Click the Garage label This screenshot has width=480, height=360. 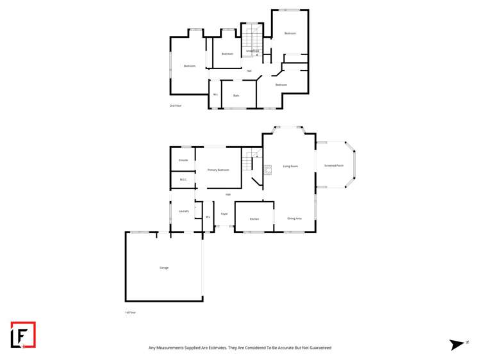(x=164, y=267)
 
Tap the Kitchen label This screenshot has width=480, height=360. (x=254, y=219)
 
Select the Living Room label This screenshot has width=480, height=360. (x=291, y=167)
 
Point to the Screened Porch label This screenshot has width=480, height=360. (x=334, y=165)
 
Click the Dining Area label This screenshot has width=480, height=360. (x=295, y=218)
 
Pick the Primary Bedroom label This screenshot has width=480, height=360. (x=219, y=170)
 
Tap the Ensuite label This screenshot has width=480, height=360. (x=183, y=160)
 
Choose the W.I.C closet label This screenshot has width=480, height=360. (x=183, y=180)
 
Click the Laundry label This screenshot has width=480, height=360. (x=183, y=210)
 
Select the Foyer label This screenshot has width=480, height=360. (x=224, y=213)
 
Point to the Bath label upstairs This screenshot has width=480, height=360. (x=236, y=95)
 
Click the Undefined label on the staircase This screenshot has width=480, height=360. (x=252, y=51)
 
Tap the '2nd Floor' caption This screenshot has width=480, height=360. (x=176, y=106)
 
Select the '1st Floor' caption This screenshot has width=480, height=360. (x=131, y=313)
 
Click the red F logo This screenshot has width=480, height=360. (x=23, y=335)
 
